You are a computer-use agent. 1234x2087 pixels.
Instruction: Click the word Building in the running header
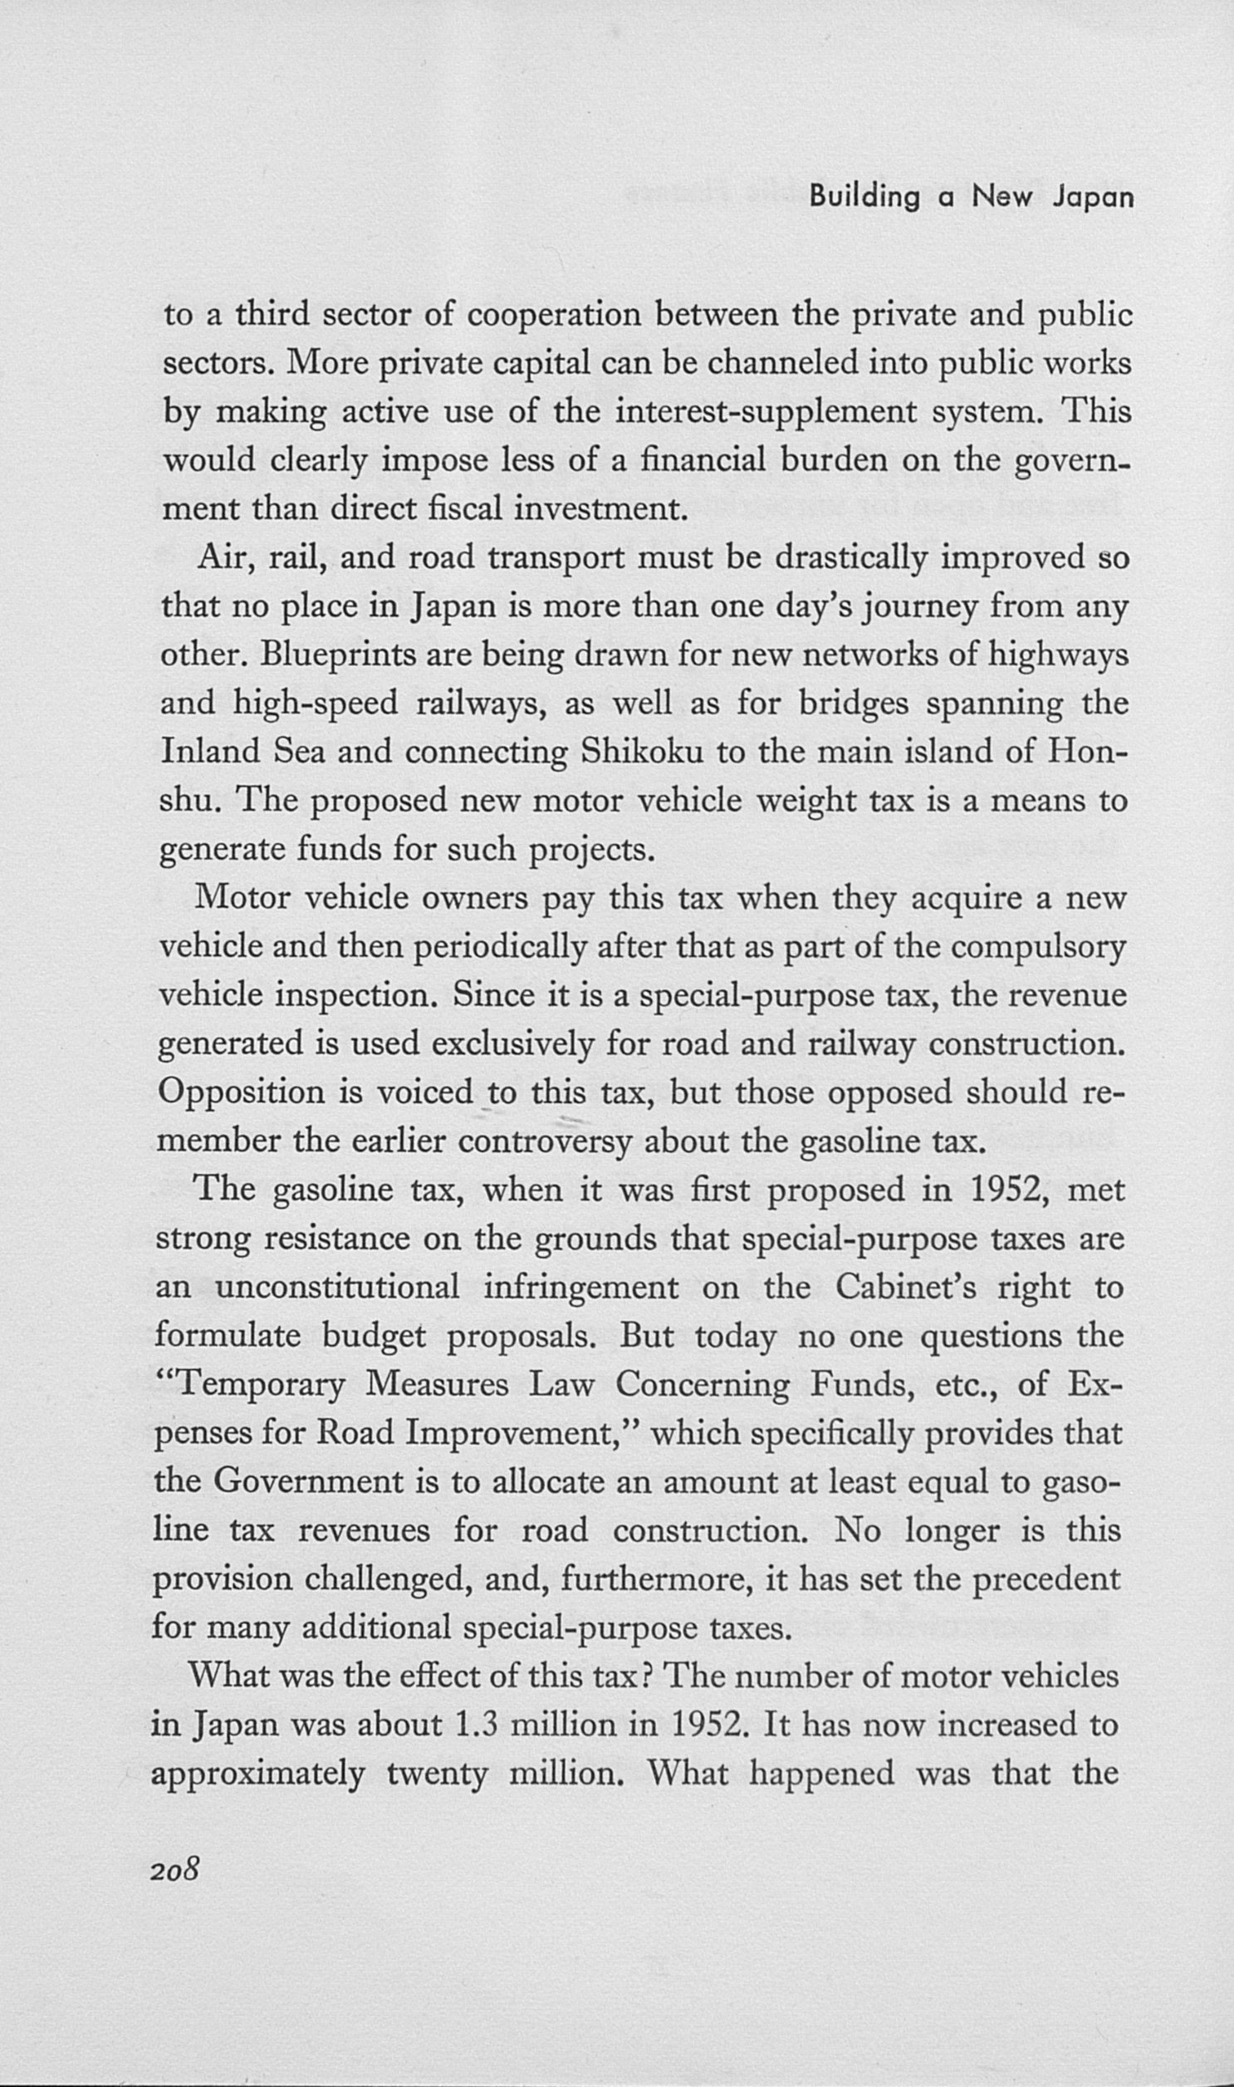click(864, 198)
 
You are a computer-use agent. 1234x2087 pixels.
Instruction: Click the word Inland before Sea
click(210, 752)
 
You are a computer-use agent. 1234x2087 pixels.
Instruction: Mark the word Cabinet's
click(905, 1288)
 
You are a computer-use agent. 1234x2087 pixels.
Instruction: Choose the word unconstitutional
click(337, 1288)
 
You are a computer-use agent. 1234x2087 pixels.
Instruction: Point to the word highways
click(1058, 656)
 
